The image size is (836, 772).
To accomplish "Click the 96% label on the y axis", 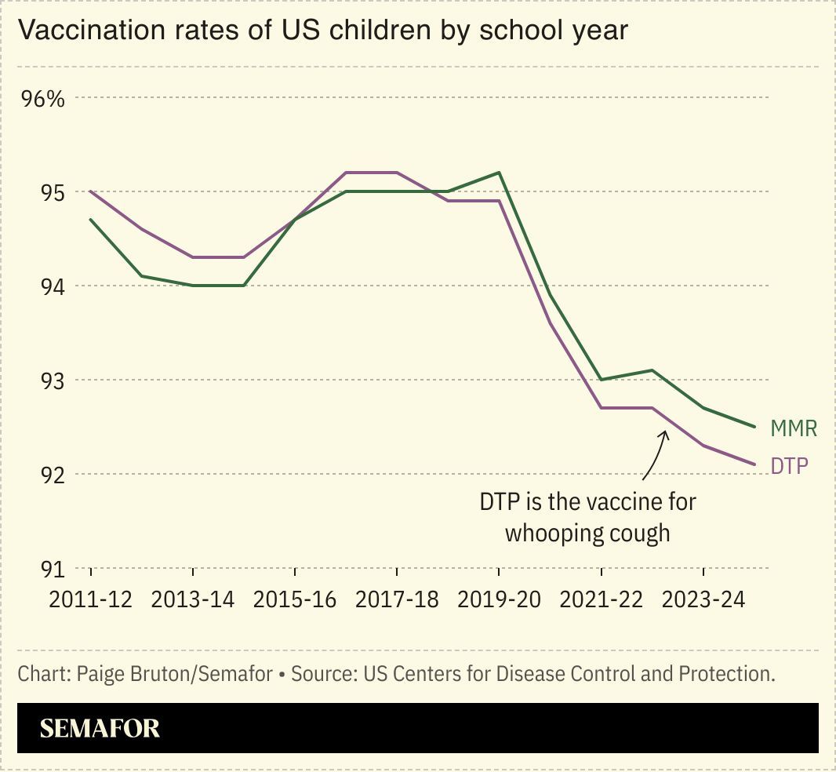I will click(x=42, y=99).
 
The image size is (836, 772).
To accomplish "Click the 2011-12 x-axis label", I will click(x=90, y=599).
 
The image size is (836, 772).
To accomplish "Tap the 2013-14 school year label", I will click(x=193, y=599).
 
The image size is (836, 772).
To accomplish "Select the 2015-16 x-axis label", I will click(x=295, y=599).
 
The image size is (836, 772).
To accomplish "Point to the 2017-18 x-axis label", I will click(x=397, y=599).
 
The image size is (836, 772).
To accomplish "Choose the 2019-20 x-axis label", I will click(x=499, y=599).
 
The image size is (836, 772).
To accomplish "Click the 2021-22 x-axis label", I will click(x=602, y=599).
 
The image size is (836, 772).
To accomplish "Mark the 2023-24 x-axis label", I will click(x=703, y=599).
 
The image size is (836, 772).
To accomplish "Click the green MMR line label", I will click(x=794, y=428).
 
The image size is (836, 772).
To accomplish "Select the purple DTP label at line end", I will click(x=789, y=466).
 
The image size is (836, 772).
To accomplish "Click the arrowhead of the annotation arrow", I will click(x=664, y=434).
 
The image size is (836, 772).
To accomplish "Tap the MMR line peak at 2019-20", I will click(x=499, y=173).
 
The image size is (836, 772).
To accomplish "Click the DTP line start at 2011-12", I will click(x=90, y=191).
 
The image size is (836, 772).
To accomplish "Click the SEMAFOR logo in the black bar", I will click(x=100, y=728).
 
